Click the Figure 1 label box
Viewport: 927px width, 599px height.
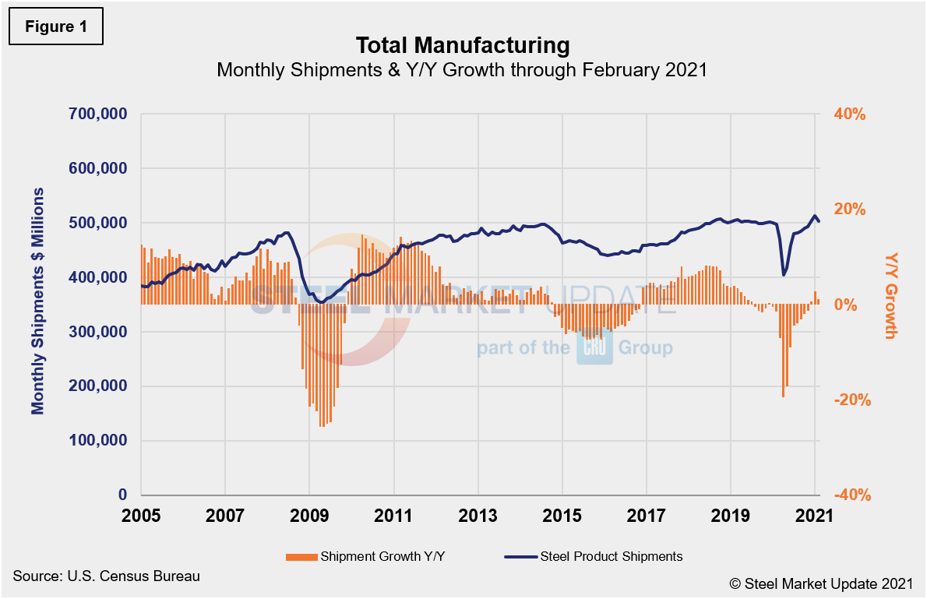pos(55,26)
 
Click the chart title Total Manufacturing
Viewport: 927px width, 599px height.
pos(463,44)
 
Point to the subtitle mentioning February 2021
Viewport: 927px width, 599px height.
pos(462,70)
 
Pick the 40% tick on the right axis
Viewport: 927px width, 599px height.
pos(851,115)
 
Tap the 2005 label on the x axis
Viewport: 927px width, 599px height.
pos(141,516)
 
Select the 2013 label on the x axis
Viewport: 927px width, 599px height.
pos(478,516)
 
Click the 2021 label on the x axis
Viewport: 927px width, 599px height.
pos(815,516)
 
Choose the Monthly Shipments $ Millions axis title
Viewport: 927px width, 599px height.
pos(37,301)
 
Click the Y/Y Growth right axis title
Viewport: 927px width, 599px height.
pos(892,296)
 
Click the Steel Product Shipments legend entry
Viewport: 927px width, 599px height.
pos(594,556)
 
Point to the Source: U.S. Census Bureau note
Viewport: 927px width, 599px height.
pos(107,576)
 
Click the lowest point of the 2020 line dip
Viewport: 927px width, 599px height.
pos(783,275)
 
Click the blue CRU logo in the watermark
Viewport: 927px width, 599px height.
pos(594,348)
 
